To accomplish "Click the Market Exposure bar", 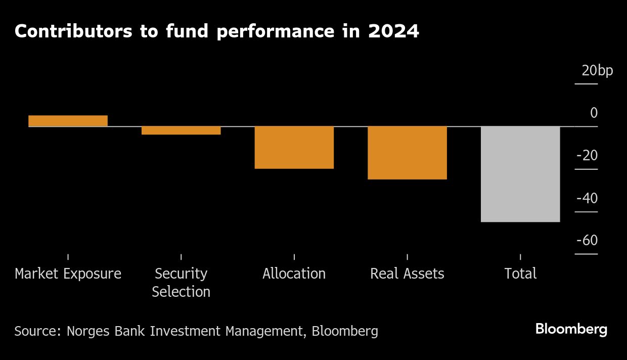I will pyautogui.click(x=68, y=121).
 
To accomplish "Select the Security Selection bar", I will pyautogui.click(x=181, y=130).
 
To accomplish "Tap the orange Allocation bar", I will pyautogui.click(x=294, y=147).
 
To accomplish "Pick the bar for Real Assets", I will pyautogui.click(x=407, y=153).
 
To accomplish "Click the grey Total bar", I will pyautogui.click(x=520, y=174).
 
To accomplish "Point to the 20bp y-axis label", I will pyautogui.click(x=597, y=71).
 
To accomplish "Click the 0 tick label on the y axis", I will pyautogui.click(x=594, y=113).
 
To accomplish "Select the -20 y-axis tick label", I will pyautogui.click(x=587, y=156).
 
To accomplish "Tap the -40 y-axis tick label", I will pyautogui.click(x=587, y=198).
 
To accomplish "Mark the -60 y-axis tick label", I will pyautogui.click(x=587, y=241).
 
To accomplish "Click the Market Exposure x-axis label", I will pyautogui.click(x=68, y=274).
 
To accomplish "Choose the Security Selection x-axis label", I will pyautogui.click(x=181, y=283).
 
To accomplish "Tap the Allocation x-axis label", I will pyautogui.click(x=294, y=274).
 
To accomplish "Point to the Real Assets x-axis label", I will pyautogui.click(x=407, y=274).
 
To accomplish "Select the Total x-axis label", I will pyautogui.click(x=520, y=274).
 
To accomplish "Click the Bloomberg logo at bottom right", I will pyautogui.click(x=571, y=330).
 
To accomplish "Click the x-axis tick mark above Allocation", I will pyautogui.click(x=294, y=257).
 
